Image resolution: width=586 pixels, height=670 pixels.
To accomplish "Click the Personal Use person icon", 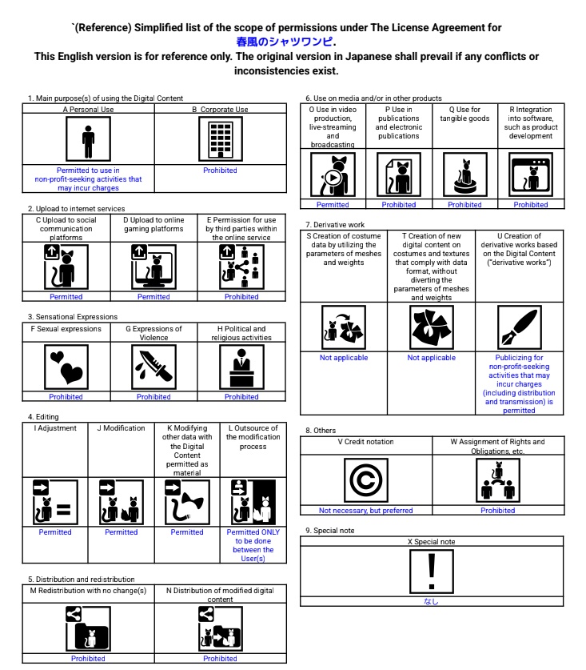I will pos(88,140).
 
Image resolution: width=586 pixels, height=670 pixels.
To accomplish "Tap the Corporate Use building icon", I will pos(220,140).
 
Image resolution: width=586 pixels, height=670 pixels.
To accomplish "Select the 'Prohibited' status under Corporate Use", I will pos(220,171).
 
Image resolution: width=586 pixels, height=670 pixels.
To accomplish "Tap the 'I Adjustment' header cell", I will pos(55,428).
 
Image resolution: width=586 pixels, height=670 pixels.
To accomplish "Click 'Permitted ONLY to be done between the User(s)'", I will pos(253,545).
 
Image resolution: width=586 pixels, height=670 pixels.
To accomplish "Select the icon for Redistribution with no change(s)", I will pos(88,628).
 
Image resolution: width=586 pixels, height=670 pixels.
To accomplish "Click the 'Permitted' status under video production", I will pos(333,205).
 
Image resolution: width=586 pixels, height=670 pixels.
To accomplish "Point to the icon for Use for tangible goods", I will pos(464,174).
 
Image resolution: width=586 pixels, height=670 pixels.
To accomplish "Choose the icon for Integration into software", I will pos(531,174).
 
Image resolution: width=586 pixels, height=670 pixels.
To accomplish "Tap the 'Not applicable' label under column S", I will pos(344,358).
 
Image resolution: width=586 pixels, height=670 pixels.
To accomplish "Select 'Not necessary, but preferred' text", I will pos(366,511).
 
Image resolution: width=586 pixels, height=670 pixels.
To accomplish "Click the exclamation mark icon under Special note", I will pos(432,570).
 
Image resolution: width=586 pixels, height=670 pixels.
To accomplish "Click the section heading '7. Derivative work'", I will pos(336,226).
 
